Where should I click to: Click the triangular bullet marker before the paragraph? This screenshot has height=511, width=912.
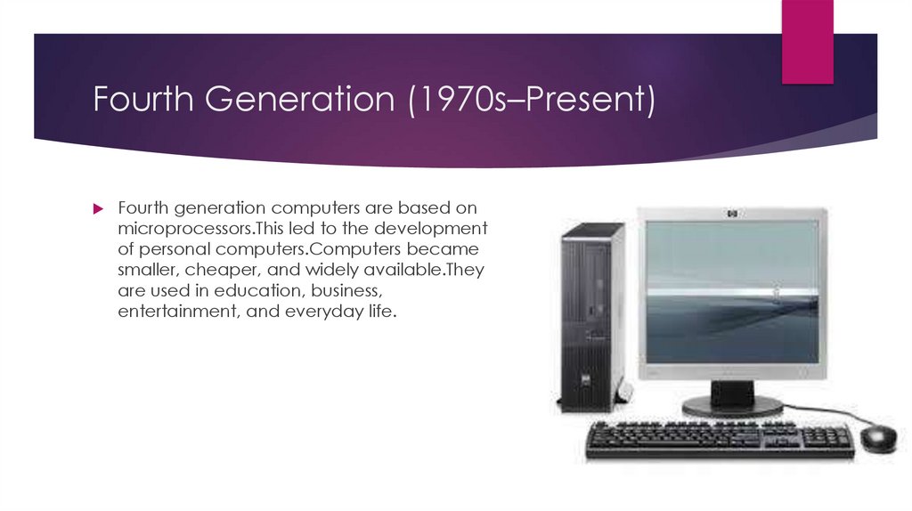[100, 208]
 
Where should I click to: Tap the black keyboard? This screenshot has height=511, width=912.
[720, 439]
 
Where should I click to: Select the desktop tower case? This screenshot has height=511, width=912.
[591, 316]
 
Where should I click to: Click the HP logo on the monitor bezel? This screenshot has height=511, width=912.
[732, 215]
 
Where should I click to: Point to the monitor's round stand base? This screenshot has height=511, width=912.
[732, 407]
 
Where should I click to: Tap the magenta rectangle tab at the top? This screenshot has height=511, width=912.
[807, 40]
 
